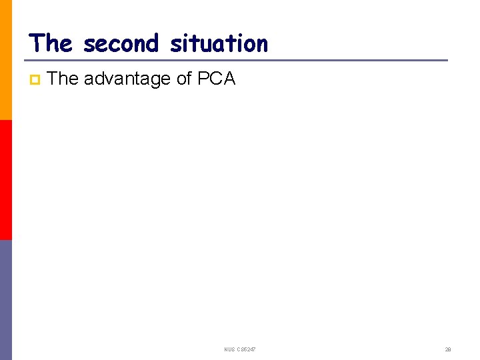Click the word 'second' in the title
(x=121, y=44)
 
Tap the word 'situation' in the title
(x=219, y=44)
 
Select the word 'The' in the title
(x=50, y=44)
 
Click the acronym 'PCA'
(x=217, y=79)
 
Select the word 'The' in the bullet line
(x=63, y=79)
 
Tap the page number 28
(x=448, y=349)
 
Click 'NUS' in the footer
(x=230, y=349)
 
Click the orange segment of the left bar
(x=6, y=60)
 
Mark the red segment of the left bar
(x=6, y=180)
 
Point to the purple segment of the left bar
(x=6, y=300)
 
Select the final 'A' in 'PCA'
(x=229, y=79)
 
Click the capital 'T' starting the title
(x=36, y=44)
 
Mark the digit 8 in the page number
(x=450, y=349)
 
